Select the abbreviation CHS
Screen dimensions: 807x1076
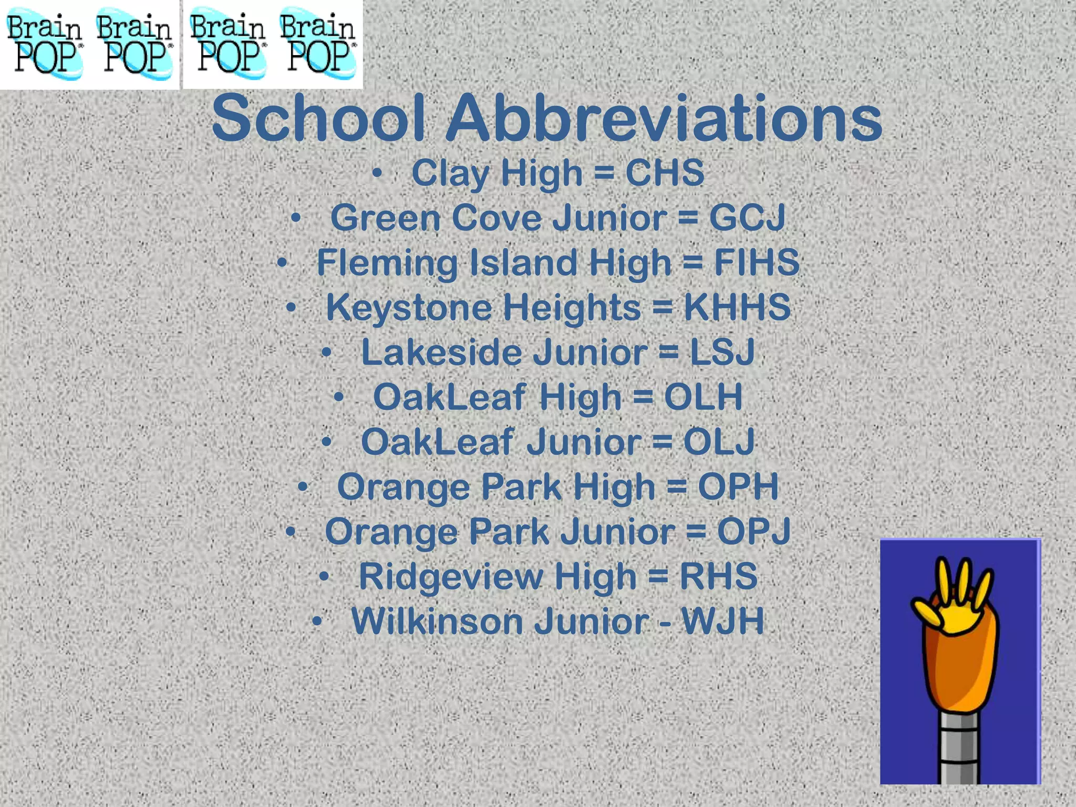tap(664, 173)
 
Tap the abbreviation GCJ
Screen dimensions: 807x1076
tap(747, 218)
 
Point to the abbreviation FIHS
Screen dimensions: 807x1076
tap(756, 262)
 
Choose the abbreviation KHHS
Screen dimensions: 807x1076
tap(737, 307)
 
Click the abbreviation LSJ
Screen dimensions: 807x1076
tap(722, 352)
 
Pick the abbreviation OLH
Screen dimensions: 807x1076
tap(703, 397)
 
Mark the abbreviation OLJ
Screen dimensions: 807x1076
tap(719, 442)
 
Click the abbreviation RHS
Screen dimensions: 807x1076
tap(718, 576)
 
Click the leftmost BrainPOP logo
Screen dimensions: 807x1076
tap(44, 44)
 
